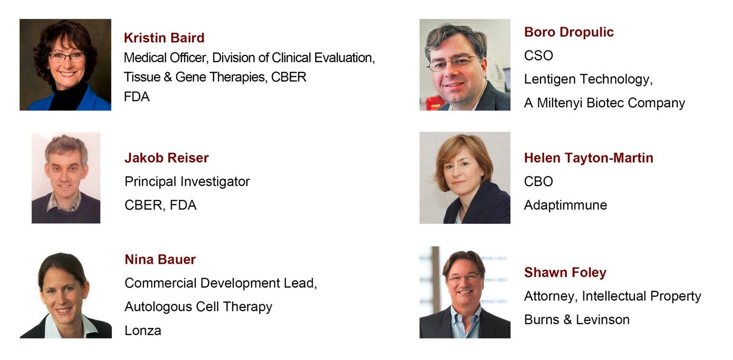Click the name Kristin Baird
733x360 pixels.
164,38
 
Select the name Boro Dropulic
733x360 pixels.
569,32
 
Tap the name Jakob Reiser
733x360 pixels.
167,158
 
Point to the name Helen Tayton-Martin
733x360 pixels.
589,158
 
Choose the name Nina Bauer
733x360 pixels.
160,260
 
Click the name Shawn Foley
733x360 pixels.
565,272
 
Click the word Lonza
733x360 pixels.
143,330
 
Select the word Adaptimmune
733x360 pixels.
565,205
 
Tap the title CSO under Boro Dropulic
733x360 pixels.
538,56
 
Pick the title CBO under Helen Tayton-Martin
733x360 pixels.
538,181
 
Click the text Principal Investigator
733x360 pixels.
187,182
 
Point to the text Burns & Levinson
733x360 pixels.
577,320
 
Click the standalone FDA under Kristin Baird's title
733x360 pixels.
137,97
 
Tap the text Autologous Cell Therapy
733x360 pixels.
199,307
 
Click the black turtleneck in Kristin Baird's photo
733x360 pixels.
68,96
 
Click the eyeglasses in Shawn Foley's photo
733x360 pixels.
465,278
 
